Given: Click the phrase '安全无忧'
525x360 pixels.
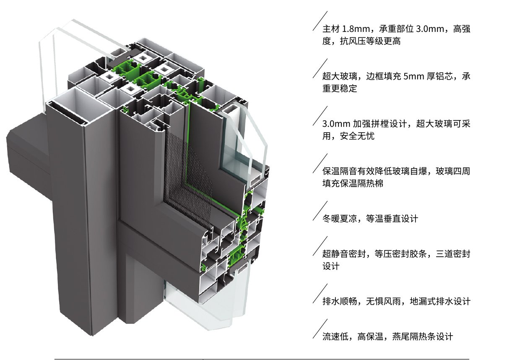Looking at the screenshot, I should coord(357,136).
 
